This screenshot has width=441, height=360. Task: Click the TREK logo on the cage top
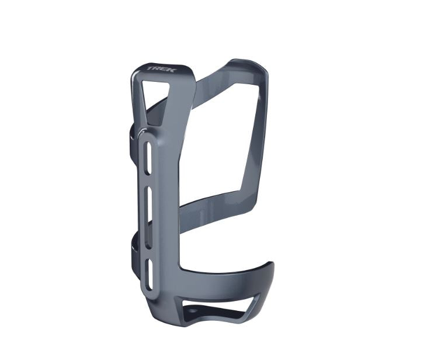click(x=157, y=69)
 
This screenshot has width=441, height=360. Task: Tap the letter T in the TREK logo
click(x=150, y=68)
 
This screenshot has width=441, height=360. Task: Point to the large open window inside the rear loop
click(x=222, y=140)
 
